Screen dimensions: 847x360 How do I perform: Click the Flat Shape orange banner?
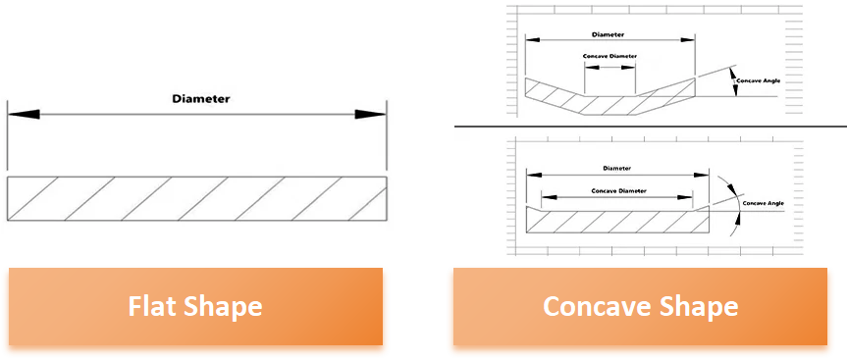tap(195, 307)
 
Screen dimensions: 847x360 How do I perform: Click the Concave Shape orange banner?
tap(640, 307)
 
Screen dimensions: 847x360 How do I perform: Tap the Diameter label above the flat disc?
tap(201, 99)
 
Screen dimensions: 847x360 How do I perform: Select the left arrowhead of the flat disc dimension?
tap(24, 115)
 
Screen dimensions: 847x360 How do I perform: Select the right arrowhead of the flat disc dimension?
tap(370, 115)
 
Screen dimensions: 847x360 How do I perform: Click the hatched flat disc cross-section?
tap(197, 198)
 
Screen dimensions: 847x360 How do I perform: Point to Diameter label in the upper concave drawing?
tap(608, 34)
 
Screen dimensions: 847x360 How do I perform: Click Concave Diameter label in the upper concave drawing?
tap(609, 56)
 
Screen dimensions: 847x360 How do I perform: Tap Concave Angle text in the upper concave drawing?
tap(759, 81)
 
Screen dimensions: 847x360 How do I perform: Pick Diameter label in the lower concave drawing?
tap(617, 169)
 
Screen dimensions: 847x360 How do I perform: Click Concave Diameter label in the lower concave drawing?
tap(618, 191)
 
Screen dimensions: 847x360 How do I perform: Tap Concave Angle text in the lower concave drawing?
tap(764, 203)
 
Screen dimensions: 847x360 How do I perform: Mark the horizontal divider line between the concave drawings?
tap(651, 127)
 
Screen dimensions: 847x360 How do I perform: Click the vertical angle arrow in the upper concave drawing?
tap(733, 81)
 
